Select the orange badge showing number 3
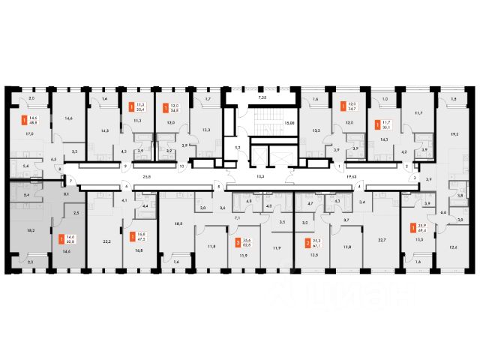coord(238,242)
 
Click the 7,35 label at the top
coord(262,98)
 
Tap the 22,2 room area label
coord(106,242)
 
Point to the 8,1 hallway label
coord(67,194)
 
